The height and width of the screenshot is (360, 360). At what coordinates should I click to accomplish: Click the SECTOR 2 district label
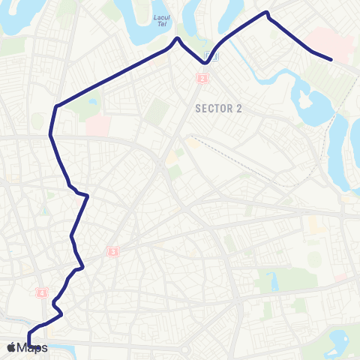(x=218, y=108)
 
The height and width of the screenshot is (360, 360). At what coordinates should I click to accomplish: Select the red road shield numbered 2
(x=202, y=78)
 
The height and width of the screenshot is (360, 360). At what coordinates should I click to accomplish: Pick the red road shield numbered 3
(x=113, y=252)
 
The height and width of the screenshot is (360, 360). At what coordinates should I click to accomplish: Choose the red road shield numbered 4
(x=42, y=292)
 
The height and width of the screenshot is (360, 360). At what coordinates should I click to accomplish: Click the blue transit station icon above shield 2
(x=213, y=56)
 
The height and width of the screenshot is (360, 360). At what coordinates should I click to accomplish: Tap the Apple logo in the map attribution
(x=11, y=347)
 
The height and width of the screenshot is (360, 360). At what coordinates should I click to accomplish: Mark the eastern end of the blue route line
(x=331, y=58)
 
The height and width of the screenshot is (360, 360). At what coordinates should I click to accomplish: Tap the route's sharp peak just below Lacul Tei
(x=178, y=38)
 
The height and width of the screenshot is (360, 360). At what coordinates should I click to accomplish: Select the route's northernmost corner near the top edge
(x=267, y=13)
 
